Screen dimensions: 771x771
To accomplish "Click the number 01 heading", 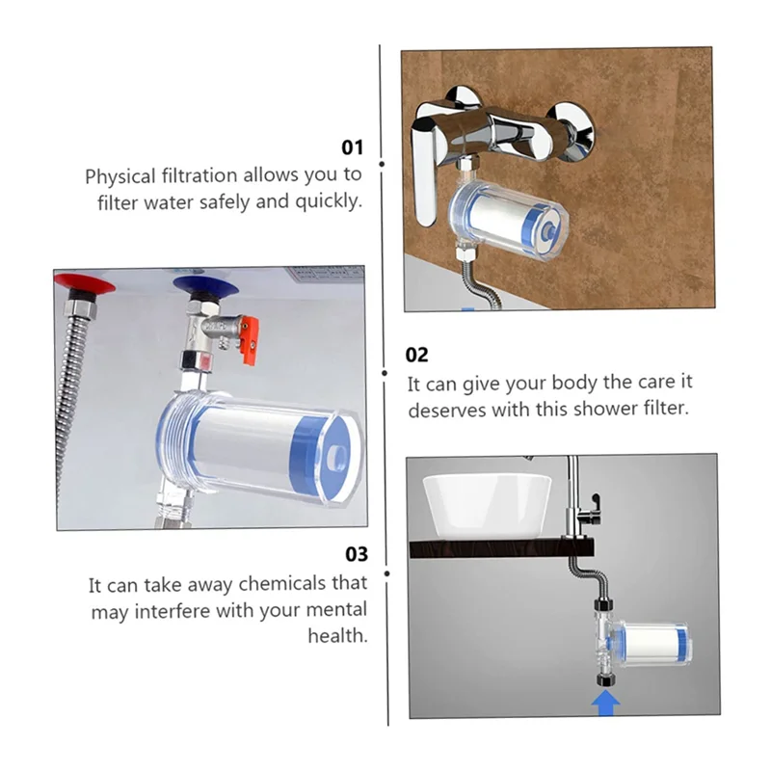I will (353, 147).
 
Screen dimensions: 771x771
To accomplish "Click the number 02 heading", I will (417, 355).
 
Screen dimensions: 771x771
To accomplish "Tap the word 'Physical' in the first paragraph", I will (120, 176).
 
